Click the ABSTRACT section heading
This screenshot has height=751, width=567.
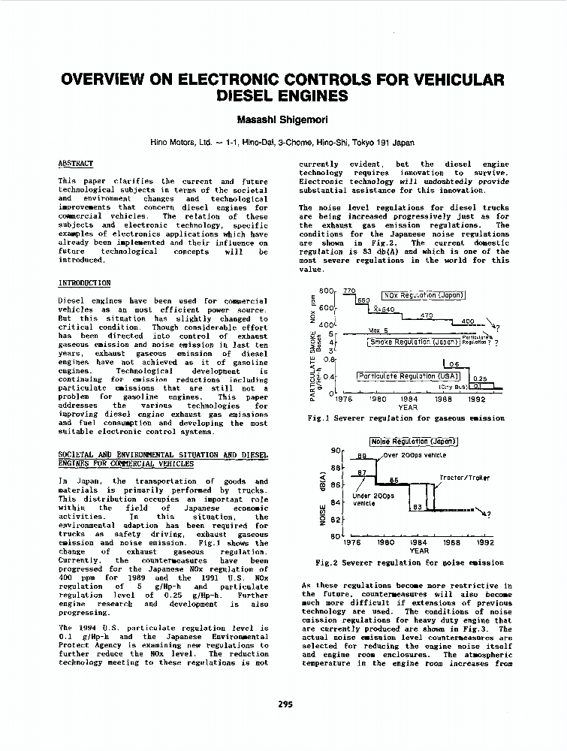(x=76, y=164)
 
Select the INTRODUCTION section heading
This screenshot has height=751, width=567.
(x=84, y=282)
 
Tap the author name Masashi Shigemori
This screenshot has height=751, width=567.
(x=283, y=119)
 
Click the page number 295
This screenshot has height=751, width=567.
(x=285, y=704)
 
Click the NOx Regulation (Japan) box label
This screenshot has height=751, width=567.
(x=424, y=295)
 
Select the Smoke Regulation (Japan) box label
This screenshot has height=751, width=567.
(x=413, y=342)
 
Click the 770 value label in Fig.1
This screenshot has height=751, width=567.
(x=348, y=291)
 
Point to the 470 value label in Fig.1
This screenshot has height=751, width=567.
(x=427, y=315)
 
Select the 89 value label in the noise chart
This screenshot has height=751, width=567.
(x=360, y=456)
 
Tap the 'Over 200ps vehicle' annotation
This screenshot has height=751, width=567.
(x=414, y=455)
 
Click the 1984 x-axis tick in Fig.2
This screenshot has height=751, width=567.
(x=419, y=541)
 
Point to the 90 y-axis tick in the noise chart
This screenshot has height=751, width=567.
(x=336, y=450)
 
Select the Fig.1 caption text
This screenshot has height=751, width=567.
(x=406, y=418)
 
